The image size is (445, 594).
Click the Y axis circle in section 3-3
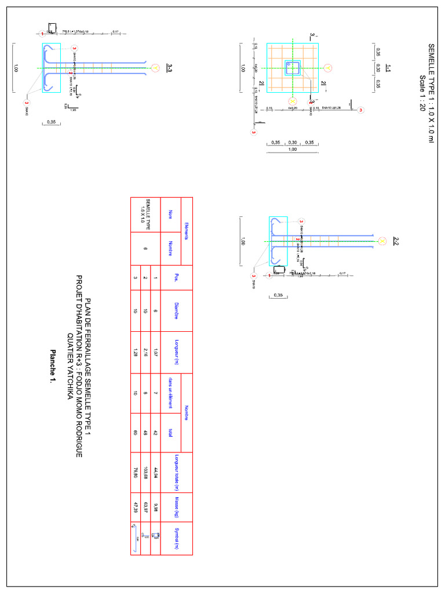pos(155,68)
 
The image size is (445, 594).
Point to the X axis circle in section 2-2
pos(382,240)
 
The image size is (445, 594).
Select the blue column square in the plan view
pos(293,68)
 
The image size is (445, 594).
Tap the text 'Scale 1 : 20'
pos(422,93)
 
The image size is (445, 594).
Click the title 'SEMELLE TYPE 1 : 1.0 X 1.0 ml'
pos(431,93)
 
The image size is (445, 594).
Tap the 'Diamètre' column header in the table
pos(172,311)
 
